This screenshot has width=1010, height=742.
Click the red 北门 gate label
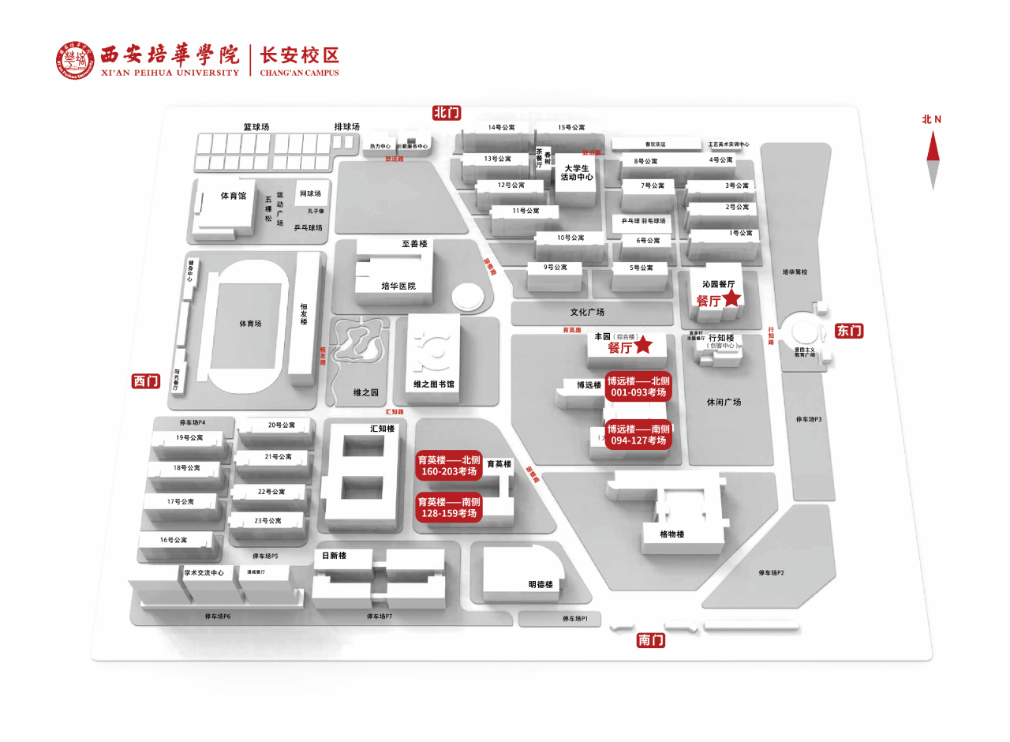[x=447, y=112]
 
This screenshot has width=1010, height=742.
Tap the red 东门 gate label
[x=849, y=331]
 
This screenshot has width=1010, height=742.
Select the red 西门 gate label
[x=146, y=381]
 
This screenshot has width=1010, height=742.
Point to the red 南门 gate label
[x=651, y=640]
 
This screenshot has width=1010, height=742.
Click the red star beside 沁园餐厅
[x=732, y=298]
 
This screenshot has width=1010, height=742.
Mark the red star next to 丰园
[x=644, y=345]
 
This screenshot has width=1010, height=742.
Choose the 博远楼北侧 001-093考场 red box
[x=638, y=386]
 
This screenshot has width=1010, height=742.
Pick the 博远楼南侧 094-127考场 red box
[x=638, y=435]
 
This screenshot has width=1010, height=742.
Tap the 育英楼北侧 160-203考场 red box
[x=449, y=466]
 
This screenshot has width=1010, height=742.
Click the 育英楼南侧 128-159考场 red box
[x=449, y=508]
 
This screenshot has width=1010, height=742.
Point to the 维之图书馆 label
[x=433, y=384]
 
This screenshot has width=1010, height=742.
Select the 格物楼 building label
[x=672, y=534]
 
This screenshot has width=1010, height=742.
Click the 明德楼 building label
[x=541, y=585]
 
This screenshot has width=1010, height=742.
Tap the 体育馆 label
[x=233, y=196]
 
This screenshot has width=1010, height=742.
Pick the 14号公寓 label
[x=501, y=127]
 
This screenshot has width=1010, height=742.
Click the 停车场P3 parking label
[x=809, y=419]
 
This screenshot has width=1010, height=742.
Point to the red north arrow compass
[x=933, y=158]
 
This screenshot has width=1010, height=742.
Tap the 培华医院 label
[x=398, y=286]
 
